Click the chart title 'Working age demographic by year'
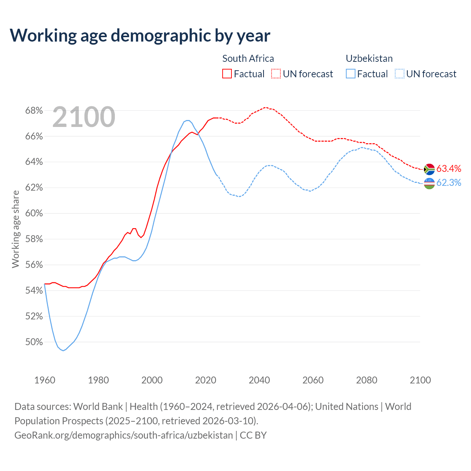click(x=140, y=36)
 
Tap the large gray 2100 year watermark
click(x=84, y=117)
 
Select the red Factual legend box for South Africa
click(x=227, y=74)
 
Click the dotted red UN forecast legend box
click(x=276, y=74)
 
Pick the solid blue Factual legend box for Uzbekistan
click(x=351, y=74)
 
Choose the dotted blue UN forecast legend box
click(x=400, y=74)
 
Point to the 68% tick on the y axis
click(x=34, y=111)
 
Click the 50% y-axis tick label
click(x=34, y=342)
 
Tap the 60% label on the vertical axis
click(x=34, y=213)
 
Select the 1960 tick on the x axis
click(x=45, y=380)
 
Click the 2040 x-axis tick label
click(x=259, y=380)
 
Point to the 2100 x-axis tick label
click(x=420, y=380)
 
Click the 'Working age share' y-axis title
click(x=15, y=229)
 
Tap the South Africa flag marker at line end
click(x=429, y=169)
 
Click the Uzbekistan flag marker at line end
click(x=429, y=183)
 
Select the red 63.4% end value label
click(x=449, y=169)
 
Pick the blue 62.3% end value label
click(x=449, y=183)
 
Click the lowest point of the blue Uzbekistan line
click(x=63, y=351)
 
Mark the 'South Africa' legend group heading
click(x=248, y=59)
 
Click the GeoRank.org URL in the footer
click(x=124, y=435)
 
